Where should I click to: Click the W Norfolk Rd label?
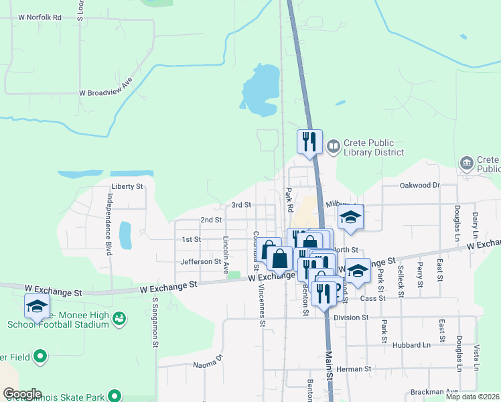click(40, 17)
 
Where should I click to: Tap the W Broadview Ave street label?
click(106, 93)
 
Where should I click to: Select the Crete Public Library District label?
click(374, 147)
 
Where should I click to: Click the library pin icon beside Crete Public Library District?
click(333, 145)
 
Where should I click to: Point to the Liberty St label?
click(127, 186)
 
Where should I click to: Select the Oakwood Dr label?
click(419, 185)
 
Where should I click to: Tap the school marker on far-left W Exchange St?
click(37, 307)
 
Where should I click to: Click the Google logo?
click(22, 394)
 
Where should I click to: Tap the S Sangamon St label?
click(154, 324)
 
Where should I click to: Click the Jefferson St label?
click(200, 261)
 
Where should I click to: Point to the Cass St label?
click(372, 297)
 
